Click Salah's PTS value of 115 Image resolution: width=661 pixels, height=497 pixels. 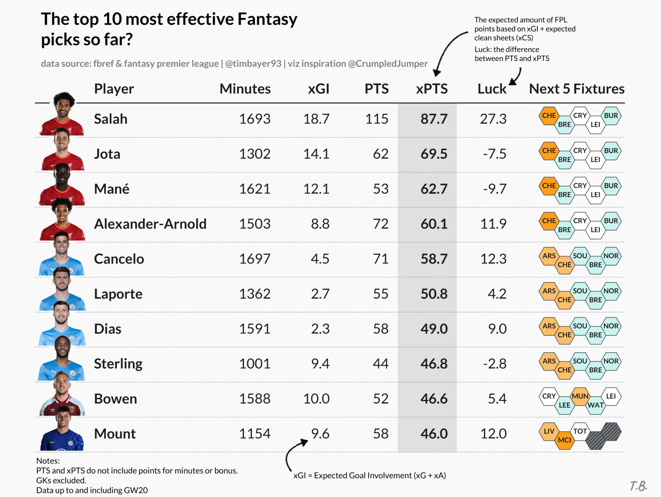pyautogui.click(x=377, y=119)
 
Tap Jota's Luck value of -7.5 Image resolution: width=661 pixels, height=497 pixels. pyautogui.click(x=495, y=154)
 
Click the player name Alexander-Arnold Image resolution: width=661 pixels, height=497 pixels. pyautogui.click(x=150, y=224)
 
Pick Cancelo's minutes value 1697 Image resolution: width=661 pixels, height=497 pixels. pyautogui.click(x=255, y=259)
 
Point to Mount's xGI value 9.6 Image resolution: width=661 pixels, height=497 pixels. pyautogui.click(x=320, y=434)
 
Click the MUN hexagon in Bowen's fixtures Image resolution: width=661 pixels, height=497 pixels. pyautogui.click(x=580, y=396)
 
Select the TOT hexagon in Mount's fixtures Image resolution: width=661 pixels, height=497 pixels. pyautogui.click(x=580, y=431)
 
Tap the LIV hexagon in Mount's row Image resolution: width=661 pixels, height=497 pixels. pyautogui.click(x=549, y=431)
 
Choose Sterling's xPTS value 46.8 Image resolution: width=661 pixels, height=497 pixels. pyautogui.click(x=434, y=364)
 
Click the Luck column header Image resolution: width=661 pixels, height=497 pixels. pyautogui.click(x=492, y=89)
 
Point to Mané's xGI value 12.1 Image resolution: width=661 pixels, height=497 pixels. pyautogui.click(x=316, y=189)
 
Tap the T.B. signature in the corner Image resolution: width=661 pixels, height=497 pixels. pyautogui.click(x=638, y=486)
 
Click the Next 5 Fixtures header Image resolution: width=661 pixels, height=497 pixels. pyautogui.click(x=576, y=89)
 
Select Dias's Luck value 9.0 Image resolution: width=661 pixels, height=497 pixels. pyautogui.click(x=497, y=329)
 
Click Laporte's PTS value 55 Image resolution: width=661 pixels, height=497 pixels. pyautogui.click(x=380, y=294)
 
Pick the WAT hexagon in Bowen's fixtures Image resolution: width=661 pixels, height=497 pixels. pyautogui.click(x=595, y=405)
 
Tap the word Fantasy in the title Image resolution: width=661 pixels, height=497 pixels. pyautogui.click(x=267, y=19)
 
